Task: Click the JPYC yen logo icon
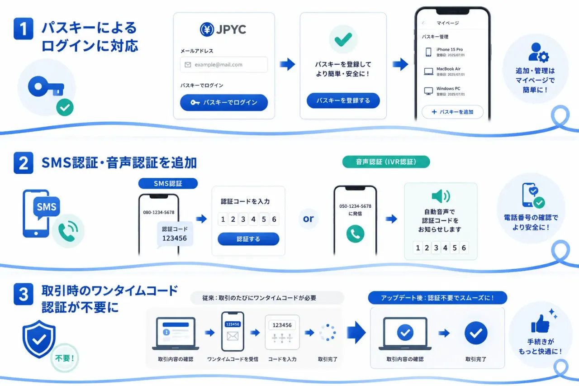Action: [x=207, y=29]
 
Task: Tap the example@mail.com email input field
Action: [x=224, y=65]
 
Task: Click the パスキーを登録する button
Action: [x=343, y=100]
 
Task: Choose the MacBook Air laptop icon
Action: [x=428, y=71]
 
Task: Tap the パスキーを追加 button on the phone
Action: [x=452, y=112]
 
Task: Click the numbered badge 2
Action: [x=23, y=163]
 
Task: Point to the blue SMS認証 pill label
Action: [x=168, y=183]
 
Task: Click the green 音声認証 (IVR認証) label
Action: [x=386, y=162]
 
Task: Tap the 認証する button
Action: [x=248, y=239]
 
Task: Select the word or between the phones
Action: [x=308, y=219]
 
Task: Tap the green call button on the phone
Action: [x=355, y=234]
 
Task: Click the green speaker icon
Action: [x=441, y=196]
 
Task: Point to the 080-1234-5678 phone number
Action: [x=159, y=212]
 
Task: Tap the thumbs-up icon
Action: [x=540, y=324]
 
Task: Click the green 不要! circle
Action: [x=64, y=358]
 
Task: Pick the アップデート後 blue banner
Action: [x=437, y=298]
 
